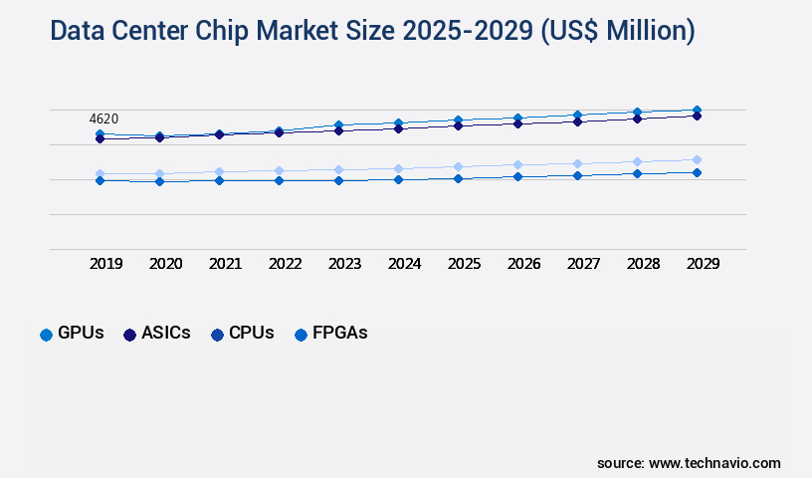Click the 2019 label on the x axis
[x=105, y=264]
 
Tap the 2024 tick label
[x=404, y=264]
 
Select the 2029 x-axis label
[x=703, y=264]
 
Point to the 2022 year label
[x=285, y=264]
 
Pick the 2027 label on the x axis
[x=583, y=264]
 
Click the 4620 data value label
[x=103, y=119]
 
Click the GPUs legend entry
[x=72, y=334]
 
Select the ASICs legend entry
[x=157, y=334]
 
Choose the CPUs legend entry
[x=243, y=334]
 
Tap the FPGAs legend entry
[x=330, y=334]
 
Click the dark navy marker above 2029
[x=697, y=116]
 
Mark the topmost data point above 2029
[x=697, y=110]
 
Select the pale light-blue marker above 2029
[x=697, y=159]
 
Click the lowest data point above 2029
[x=697, y=172]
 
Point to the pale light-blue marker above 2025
[x=458, y=166]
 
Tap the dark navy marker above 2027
[x=577, y=121]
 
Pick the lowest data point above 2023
[x=338, y=180]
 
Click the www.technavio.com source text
[x=714, y=463]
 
